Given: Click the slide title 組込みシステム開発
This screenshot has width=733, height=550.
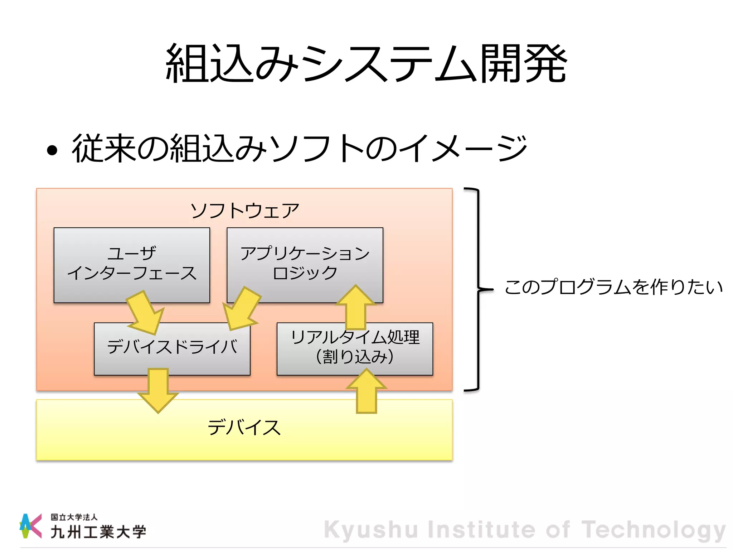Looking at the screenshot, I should (366, 64).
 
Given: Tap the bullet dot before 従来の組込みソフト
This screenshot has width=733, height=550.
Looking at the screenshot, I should (52, 150).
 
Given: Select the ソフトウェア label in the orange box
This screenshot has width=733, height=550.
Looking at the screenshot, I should (244, 211).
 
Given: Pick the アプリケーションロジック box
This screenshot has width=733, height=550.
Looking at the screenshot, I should (305, 263).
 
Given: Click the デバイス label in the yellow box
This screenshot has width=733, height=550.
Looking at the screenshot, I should (244, 428).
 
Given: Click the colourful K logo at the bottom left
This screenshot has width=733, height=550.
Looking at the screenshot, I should (30, 526).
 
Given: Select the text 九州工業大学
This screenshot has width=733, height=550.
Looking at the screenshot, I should (98, 532).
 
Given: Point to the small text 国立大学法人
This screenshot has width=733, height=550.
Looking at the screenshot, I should (74, 517).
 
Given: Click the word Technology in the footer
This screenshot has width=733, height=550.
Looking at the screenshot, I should (654, 530).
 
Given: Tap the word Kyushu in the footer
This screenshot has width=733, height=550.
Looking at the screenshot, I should (371, 530).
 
